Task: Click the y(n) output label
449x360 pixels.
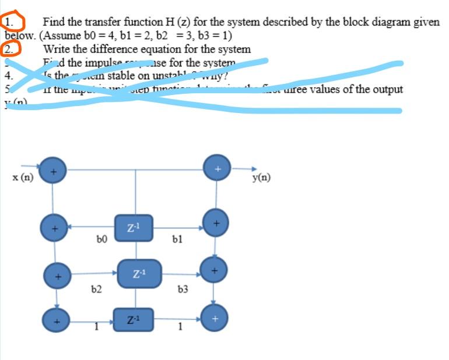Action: click(x=261, y=178)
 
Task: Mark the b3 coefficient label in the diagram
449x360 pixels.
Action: click(x=183, y=288)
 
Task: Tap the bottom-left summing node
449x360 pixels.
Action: click(x=57, y=319)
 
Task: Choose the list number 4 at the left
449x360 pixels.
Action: click(x=7, y=75)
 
